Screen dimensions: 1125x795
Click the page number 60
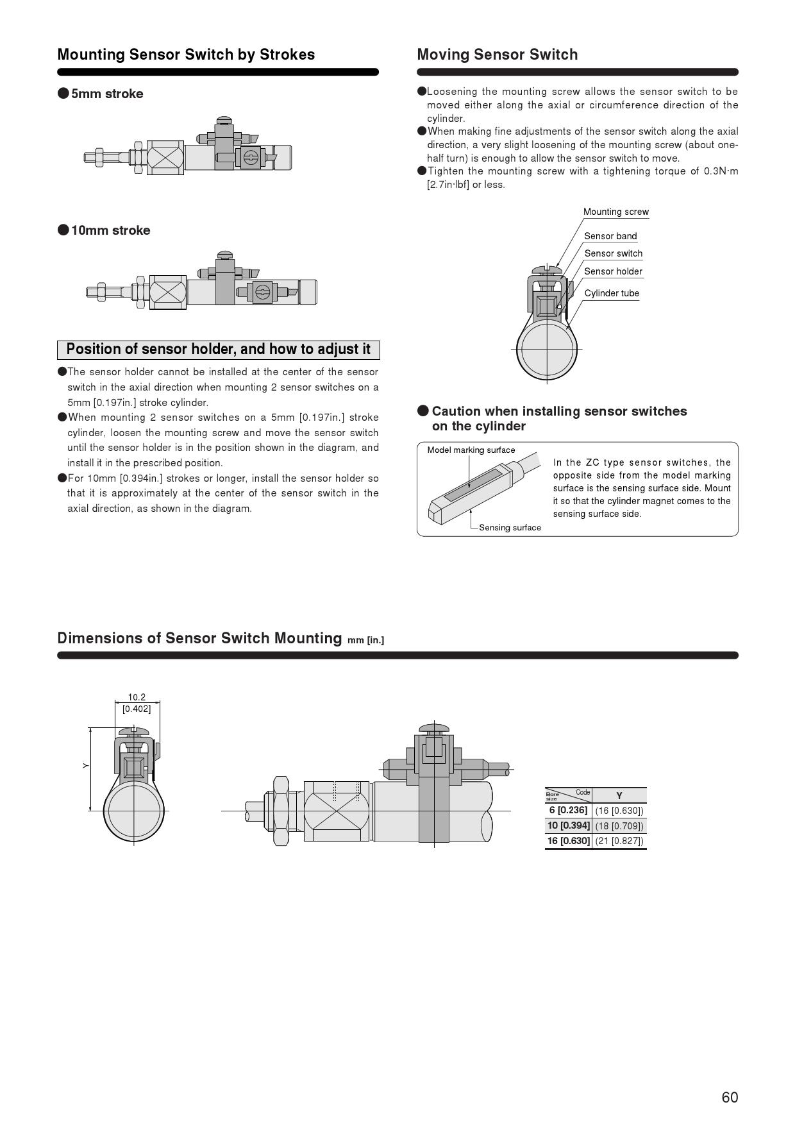tap(730, 1097)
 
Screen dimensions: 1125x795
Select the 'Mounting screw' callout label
tap(615, 212)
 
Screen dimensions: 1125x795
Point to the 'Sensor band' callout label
tap(610, 236)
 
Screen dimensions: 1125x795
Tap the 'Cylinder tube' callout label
tap(612, 293)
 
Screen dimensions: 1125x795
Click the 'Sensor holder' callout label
tap(613, 271)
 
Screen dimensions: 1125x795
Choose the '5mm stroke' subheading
tap(106, 94)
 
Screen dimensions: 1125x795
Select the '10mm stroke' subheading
tap(110, 230)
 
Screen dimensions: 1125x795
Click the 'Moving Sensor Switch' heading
tap(497, 55)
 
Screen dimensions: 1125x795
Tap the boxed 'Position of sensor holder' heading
tap(218, 350)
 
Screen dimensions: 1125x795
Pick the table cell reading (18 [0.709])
tap(619, 825)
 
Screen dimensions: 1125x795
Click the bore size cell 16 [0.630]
tap(568, 841)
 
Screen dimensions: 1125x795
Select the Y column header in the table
tap(619, 795)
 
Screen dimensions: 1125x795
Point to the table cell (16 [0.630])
tap(619, 811)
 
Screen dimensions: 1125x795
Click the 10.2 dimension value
tap(137, 697)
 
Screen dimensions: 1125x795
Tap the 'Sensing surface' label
tap(510, 528)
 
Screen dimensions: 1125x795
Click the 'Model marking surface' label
tap(471, 450)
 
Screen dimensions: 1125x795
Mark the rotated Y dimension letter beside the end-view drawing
tap(85, 766)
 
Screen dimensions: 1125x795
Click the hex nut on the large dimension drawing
tap(281, 811)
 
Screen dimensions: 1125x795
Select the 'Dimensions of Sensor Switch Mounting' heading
tap(199, 638)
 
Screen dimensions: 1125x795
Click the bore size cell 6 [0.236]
tap(568, 810)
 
